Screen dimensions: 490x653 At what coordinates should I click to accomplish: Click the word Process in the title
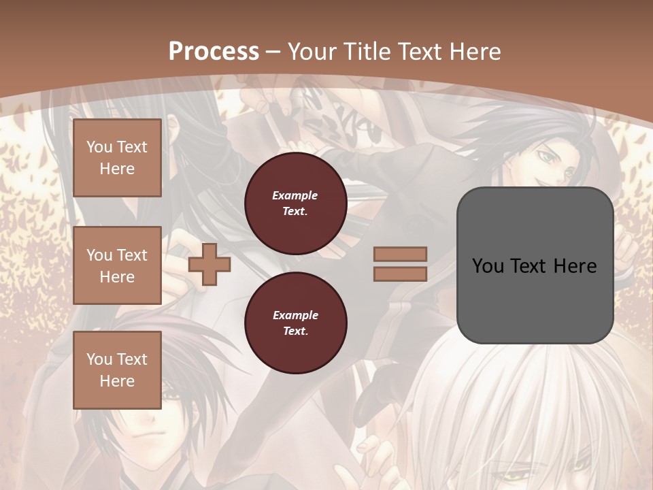pos(214,52)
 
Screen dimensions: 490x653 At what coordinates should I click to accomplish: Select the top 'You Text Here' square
pos(117,158)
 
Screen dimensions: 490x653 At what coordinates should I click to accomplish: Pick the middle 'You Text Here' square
pos(117,265)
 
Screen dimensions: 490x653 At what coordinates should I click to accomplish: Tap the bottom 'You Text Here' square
pos(117,370)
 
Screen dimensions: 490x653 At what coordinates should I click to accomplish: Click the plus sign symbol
pos(209,265)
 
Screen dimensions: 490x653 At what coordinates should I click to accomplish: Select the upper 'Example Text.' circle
pos(295,203)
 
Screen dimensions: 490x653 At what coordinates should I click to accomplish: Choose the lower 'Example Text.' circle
pos(295,323)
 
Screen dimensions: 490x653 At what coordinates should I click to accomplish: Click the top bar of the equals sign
pos(401,255)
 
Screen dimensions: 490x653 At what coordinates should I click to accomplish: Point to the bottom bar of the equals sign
pos(401,274)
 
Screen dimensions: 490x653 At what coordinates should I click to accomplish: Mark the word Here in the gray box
pos(576,266)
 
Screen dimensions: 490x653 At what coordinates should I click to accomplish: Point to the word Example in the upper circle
pos(295,195)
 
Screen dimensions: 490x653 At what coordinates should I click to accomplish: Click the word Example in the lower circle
pos(295,315)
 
